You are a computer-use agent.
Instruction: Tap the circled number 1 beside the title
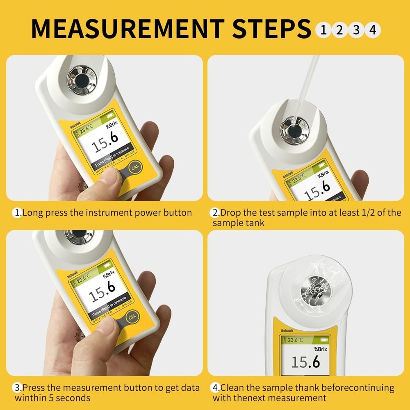pyautogui.click(x=324, y=30)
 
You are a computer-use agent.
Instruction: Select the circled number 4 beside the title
pyautogui.click(x=372, y=30)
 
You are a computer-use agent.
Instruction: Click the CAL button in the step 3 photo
pyautogui.click(x=132, y=316)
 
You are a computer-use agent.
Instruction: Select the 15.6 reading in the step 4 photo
pyautogui.click(x=305, y=362)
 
